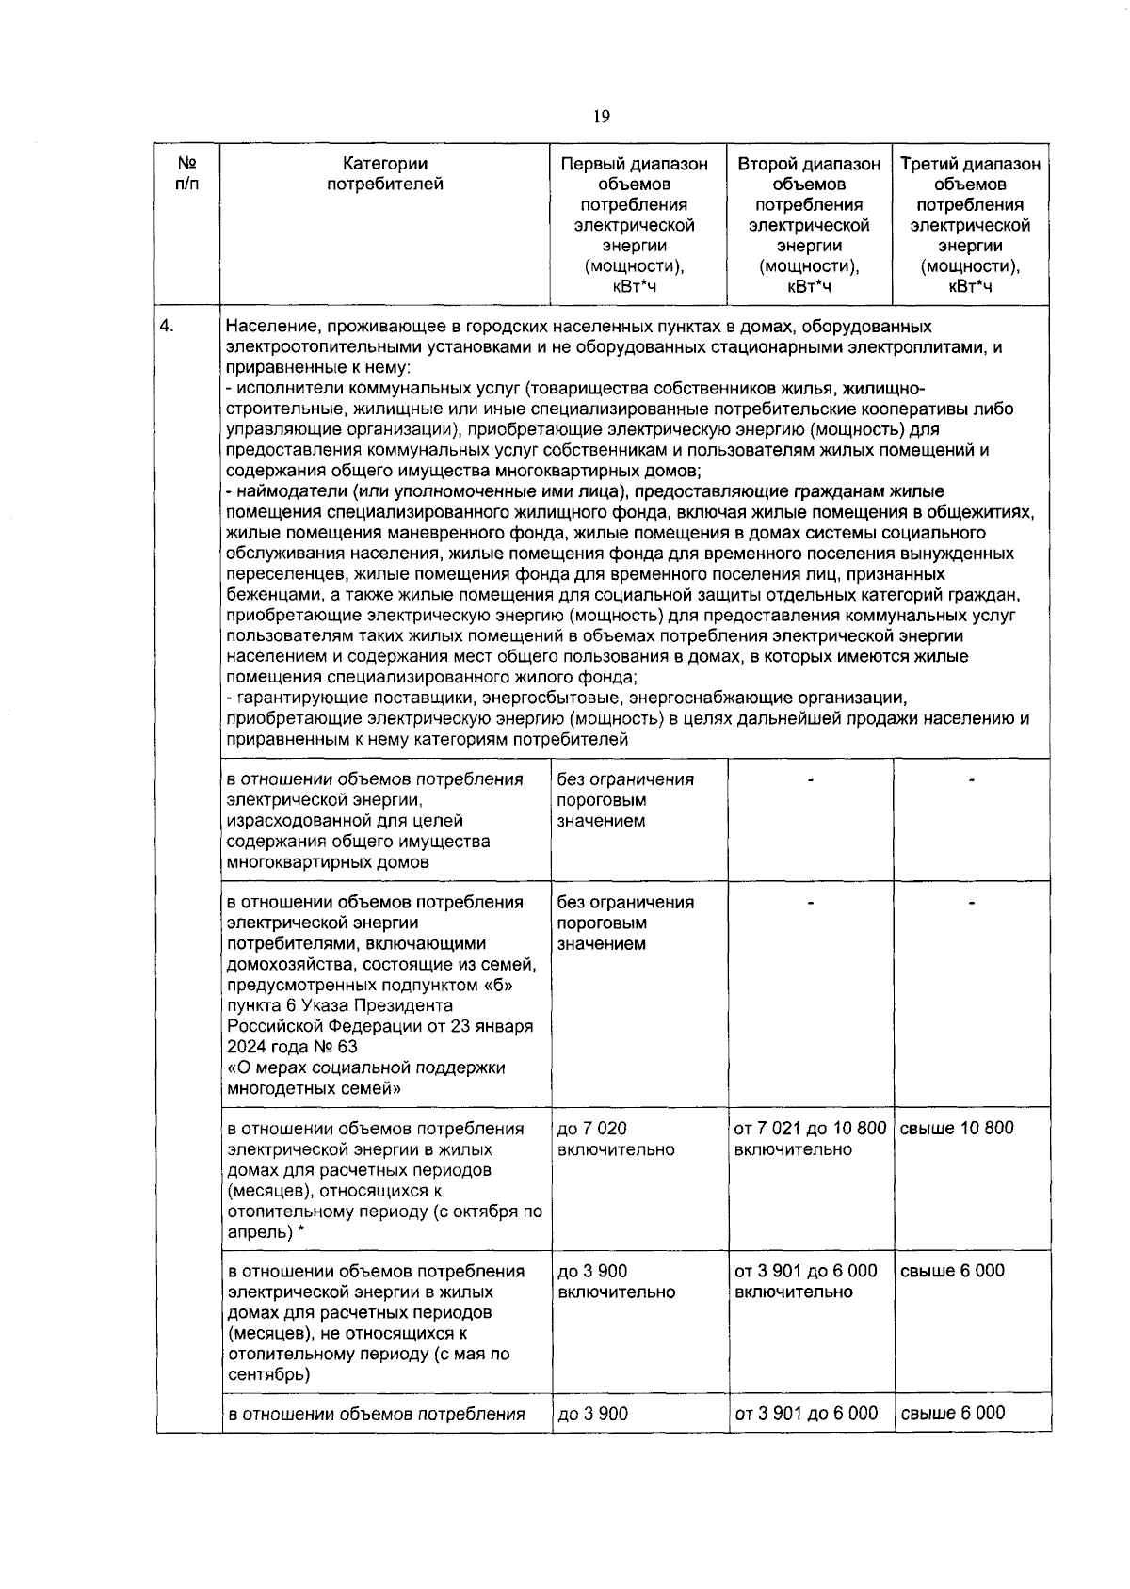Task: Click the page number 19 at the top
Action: click(x=602, y=117)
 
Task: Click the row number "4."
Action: click(x=168, y=327)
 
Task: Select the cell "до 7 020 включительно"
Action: click(x=616, y=1138)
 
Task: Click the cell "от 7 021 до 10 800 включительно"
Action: click(x=809, y=1138)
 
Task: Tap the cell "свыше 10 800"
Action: click(x=957, y=1128)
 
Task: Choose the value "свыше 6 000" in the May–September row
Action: click(x=953, y=1271)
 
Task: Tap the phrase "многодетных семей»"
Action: click(x=315, y=1088)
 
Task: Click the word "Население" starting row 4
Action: click(x=265, y=327)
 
